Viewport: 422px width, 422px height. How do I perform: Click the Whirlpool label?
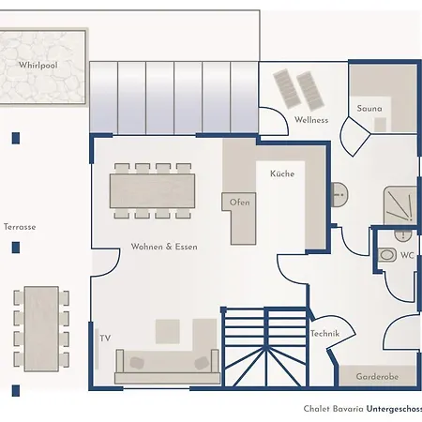[x=38, y=65]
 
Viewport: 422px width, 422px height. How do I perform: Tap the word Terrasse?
[x=20, y=227]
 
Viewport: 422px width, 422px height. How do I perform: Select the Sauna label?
[x=369, y=109]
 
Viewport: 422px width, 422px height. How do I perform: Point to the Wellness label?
[x=311, y=120]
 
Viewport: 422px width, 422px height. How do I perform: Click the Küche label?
[x=282, y=173]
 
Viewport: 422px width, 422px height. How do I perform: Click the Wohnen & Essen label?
[x=164, y=247]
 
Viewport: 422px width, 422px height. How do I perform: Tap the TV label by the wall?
[x=105, y=339]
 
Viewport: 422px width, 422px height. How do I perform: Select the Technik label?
[x=324, y=334]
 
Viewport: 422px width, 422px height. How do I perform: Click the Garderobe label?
[x=377, y=377]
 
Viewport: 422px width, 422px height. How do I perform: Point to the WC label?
[x=407, y=255]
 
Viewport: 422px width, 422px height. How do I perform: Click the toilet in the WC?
[x=387, y=255]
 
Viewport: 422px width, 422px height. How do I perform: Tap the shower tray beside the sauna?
[x=400, y=205]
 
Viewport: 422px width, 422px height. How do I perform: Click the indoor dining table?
[x=153, y=191]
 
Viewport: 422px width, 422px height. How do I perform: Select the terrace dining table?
[x=41, y=329]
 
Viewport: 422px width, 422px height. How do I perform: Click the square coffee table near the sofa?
[x=168, y=331]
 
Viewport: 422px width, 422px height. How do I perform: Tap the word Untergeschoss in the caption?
[x=394, y=409]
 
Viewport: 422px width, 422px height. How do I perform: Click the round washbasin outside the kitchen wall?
[x=339, y=194]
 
